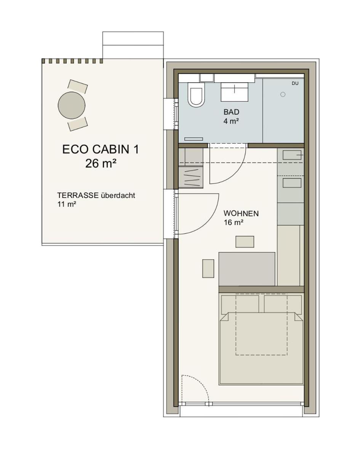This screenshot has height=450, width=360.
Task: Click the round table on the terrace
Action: (72, 105)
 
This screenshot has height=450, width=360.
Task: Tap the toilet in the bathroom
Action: (196, 94)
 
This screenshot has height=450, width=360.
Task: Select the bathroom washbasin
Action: (234, 92)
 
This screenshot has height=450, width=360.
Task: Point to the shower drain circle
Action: (283, 94)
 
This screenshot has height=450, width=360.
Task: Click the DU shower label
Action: (295, 83)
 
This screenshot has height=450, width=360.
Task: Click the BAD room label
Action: (231, 112)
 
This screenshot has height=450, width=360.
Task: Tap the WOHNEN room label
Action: (241, 214)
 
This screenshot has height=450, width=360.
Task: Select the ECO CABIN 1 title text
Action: (101, 149)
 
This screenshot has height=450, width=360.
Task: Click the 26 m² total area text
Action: (101, 164)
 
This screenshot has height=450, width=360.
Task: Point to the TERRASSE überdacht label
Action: (96, 195)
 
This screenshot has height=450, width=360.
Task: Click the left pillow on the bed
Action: (240, 304)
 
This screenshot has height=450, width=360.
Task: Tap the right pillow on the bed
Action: (283, 304)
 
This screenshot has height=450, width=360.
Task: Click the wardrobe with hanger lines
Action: (190, 177)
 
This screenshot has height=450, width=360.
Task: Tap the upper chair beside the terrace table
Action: (77, 86)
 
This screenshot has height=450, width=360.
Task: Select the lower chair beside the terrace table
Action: (77, 124)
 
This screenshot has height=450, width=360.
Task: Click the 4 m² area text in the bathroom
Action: (231, 121)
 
